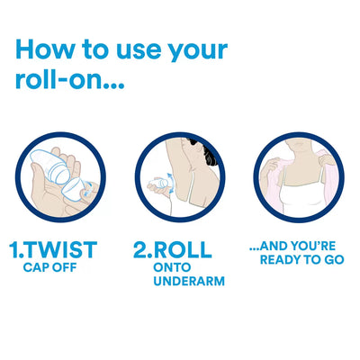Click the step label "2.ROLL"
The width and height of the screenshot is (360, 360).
[x=175, y=248]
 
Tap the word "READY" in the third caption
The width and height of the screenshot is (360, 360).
[x=283, y=259]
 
